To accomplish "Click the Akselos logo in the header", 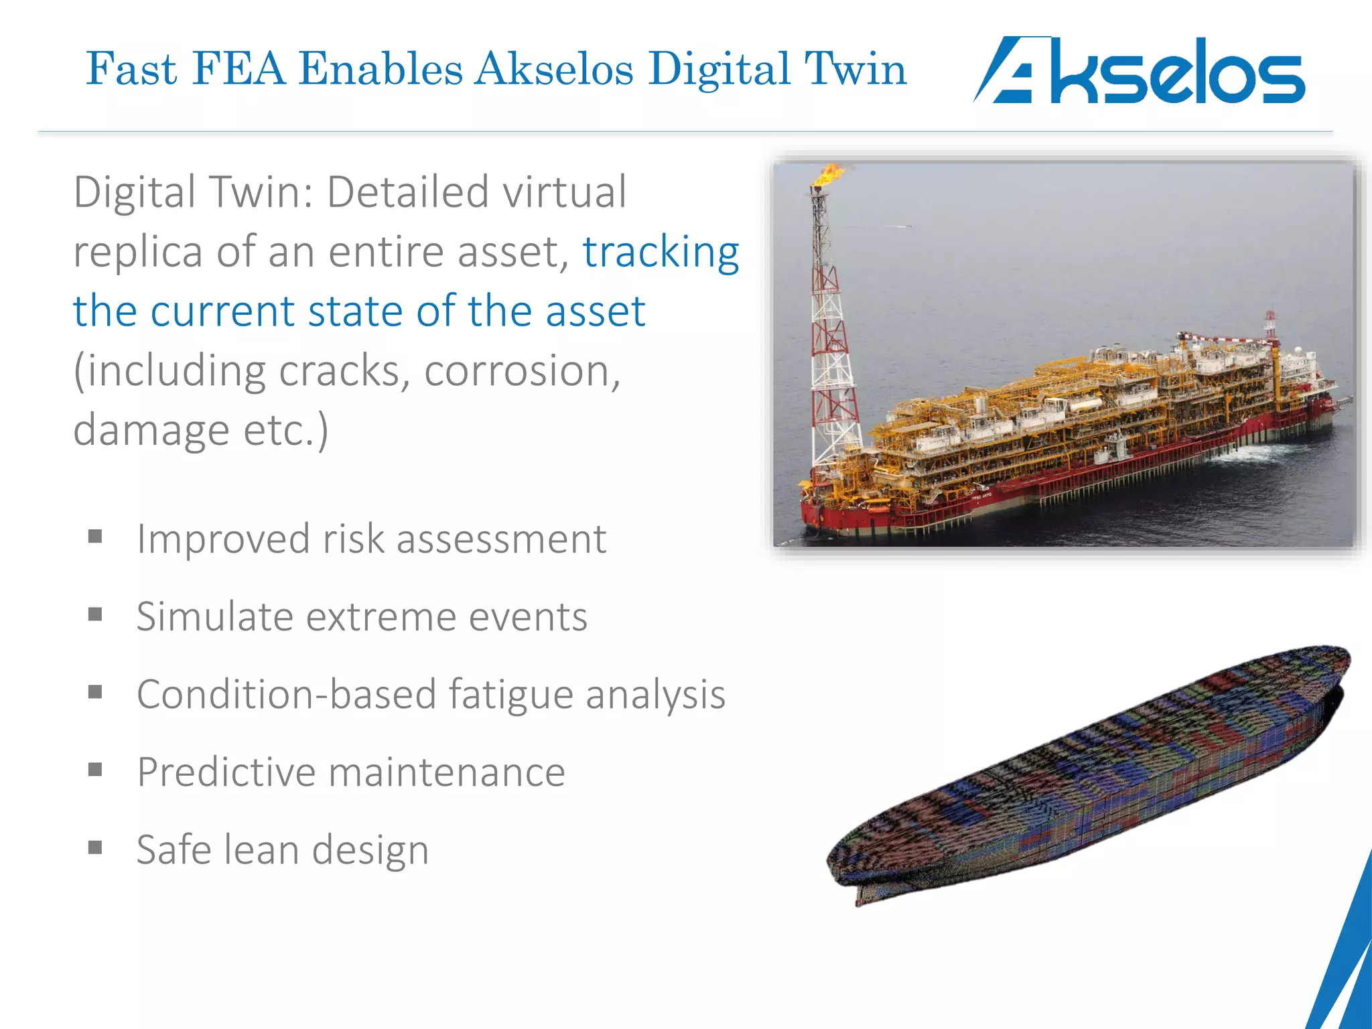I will pos(1139,71).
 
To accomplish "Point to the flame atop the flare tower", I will pos(828,176).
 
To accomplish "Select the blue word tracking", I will pos(661,253).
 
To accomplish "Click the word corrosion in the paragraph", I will pos(523,370).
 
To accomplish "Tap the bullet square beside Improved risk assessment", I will pos(95,537).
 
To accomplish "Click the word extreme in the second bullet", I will pos(381,617).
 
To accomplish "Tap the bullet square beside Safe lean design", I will pos(95,848).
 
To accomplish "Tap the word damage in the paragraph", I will pos(151,430).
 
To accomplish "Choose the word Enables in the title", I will pos(381,69).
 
